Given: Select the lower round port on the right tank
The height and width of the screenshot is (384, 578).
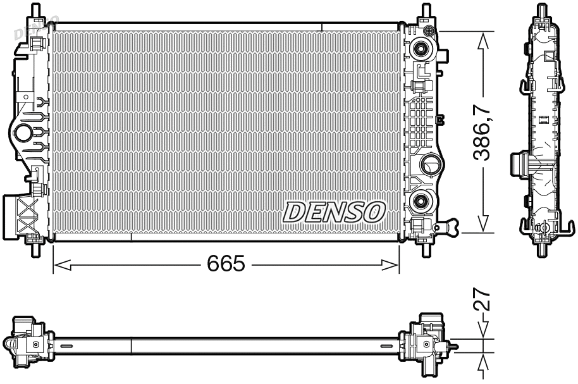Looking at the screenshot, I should (419, 202).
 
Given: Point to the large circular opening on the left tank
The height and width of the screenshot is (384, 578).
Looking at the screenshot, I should (23, 133).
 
